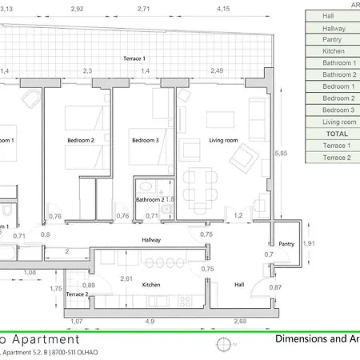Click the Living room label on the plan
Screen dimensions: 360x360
[224, 141]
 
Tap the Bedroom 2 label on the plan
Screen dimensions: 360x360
[81, 141]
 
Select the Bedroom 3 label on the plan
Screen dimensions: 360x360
[145, 141]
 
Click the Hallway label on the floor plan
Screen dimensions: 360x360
[152, 239]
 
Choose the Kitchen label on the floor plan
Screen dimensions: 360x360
[152, 284]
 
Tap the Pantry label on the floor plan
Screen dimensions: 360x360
[286, 243]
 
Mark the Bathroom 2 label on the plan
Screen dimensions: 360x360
[150, 199]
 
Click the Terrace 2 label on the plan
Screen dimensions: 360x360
[78, 294]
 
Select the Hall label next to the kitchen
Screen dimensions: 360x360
[238, 284]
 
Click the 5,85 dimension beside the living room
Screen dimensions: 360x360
[281, 152]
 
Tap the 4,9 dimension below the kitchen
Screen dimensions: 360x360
[149, 321]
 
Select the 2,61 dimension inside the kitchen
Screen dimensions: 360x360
[126, 278]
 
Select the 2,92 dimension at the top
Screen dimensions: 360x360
[77, 9]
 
